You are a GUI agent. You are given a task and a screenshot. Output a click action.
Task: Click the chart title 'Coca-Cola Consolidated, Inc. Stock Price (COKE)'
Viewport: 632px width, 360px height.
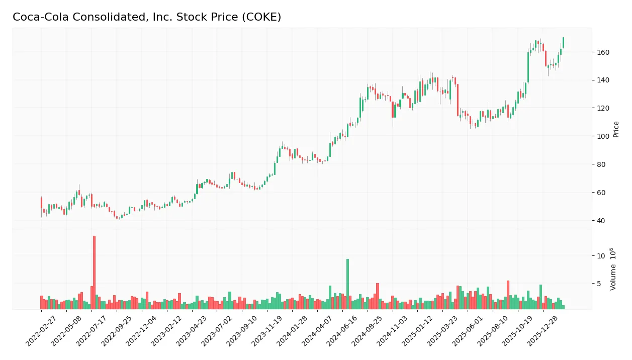(x=147, y=17)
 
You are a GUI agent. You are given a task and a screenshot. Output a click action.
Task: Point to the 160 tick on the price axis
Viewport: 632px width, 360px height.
(x=603, y=52)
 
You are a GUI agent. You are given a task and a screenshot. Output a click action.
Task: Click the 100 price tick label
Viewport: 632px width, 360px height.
(x=603, y=136)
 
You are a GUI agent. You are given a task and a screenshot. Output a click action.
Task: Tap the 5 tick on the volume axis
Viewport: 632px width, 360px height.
(x=600, y=284)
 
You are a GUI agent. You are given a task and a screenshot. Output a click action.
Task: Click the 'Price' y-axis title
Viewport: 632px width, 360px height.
(x=616, y=129)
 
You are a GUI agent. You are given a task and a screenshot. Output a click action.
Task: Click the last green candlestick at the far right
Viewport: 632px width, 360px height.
(x=563, y=43)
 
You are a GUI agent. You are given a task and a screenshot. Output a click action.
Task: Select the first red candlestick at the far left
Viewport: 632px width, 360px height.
(x=41, y=203)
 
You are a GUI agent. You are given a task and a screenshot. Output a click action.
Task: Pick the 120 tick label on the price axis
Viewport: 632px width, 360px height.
(x=603, y=108)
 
